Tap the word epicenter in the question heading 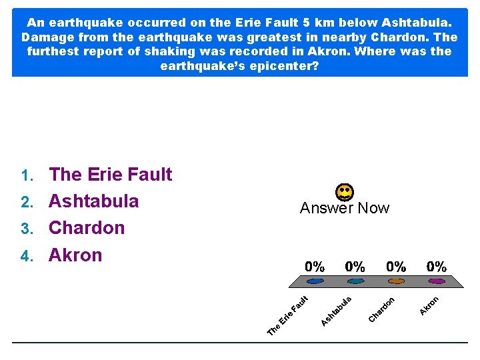click(x=271, y=67)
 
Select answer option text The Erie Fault click(x=111, y=175)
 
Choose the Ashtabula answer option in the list click(x=94, y=201)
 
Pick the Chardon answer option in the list click(x=87, y=228)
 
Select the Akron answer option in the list click(x=75, y=255)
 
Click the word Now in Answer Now click(x=373, y=208)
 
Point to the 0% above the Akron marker click(x=437, y=267)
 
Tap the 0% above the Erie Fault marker click(x=315, y=267)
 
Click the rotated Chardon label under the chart click(x=382, y=308)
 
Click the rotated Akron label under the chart click(x=429, y=305)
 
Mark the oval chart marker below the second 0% click(x=355, y=282)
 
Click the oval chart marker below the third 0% click(x=396, y=282)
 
